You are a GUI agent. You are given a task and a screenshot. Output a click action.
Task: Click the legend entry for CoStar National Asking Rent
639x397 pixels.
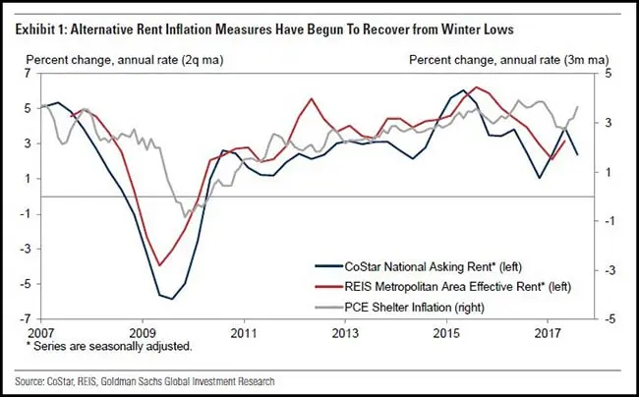(x=418, y=266)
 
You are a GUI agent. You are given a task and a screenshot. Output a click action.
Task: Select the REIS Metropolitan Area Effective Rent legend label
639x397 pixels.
(x=443, y=286)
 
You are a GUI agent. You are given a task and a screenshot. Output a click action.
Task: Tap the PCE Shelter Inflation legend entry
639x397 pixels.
(x=400, y=307)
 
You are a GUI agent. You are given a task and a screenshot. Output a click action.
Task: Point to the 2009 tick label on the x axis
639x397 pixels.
(x=143, y=333)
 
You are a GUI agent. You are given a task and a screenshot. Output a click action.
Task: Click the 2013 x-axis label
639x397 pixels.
(x=345, y=333)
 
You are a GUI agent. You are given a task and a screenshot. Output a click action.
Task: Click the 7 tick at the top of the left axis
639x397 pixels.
(x=28, y=74)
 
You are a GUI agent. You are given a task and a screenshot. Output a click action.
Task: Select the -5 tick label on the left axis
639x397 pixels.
(x=26, y=284)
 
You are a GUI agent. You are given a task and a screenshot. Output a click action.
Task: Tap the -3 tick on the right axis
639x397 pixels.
(x=607, y=270)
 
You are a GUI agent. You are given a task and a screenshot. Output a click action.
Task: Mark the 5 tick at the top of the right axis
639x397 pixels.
(x=609, y=74)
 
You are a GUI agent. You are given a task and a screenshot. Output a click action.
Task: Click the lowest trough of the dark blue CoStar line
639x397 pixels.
(x=172, y=299)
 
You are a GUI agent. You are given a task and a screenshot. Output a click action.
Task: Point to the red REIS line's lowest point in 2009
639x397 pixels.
(x=159, y=265)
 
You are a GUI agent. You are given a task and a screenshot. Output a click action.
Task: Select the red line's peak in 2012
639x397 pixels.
(x=312, y=98)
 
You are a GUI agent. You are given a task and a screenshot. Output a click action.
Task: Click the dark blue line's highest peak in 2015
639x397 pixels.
(x=464, y=90)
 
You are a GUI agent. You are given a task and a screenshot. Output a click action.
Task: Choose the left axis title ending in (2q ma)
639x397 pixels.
(x=125, y=60)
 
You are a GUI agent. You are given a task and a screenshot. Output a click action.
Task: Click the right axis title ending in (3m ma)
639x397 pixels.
(x=509, y=60)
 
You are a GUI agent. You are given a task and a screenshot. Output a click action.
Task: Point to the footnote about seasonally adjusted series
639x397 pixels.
(x=109, y=347)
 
